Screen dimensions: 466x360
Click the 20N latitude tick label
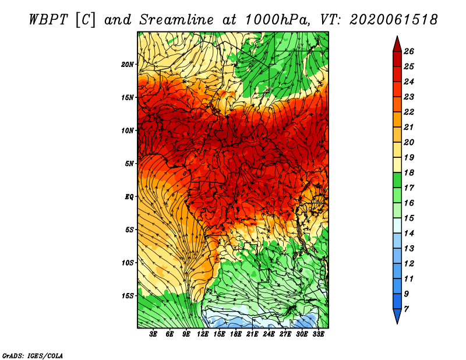[x=128, y=65]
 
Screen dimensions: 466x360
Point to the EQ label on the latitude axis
[x=129, y=197]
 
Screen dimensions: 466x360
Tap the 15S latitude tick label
[x=128, y=296]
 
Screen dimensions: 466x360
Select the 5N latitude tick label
[x=129, y=164]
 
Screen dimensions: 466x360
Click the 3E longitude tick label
[x=153, y=334]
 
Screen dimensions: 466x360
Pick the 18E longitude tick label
[x=235, y=334]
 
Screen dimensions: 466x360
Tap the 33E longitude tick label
[x=318, y=334]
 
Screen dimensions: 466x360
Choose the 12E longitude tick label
[x=202, y=334]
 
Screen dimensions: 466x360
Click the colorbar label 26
[x=409, y=51]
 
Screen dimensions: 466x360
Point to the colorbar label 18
[x=409, y=172]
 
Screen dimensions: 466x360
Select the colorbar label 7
[x=406, y=309]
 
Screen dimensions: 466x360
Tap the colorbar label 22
[x=409, y=112]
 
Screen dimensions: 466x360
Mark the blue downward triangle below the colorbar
[x=397, y=315]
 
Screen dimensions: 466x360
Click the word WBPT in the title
[x=48, y=20]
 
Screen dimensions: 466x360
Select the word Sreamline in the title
[x=176, y=20]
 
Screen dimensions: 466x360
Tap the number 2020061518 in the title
[x=394, y=20]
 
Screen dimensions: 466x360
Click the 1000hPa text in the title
[x=276, y=20]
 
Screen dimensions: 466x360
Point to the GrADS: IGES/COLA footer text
[x=33, y=355]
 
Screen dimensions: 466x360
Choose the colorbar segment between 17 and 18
[x=397, y=180]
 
